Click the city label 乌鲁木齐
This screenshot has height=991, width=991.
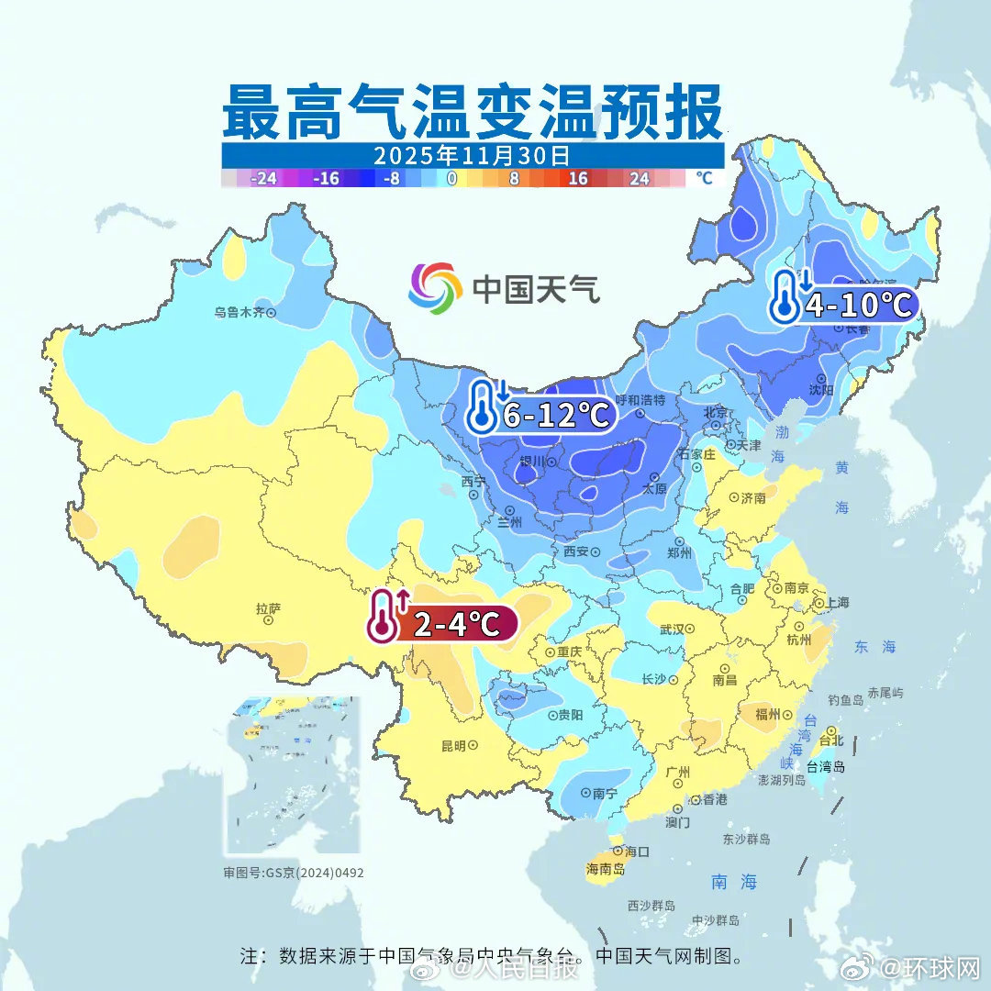(x=239, y=312)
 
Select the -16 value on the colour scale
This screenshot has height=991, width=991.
(x=326, y=179)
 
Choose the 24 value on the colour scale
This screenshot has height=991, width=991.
(x=640, y=179)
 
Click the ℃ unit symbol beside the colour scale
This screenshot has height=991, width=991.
(x=704, y=178)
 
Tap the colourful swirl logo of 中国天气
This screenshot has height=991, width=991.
(x=435, y=288)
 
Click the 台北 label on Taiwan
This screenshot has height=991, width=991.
(x=830, y=740)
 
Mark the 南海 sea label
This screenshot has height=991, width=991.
(x=735, y=882)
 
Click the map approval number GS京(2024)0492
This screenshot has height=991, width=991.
(x=294, y=873)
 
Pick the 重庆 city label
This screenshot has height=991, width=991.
(x=569, y=651)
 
